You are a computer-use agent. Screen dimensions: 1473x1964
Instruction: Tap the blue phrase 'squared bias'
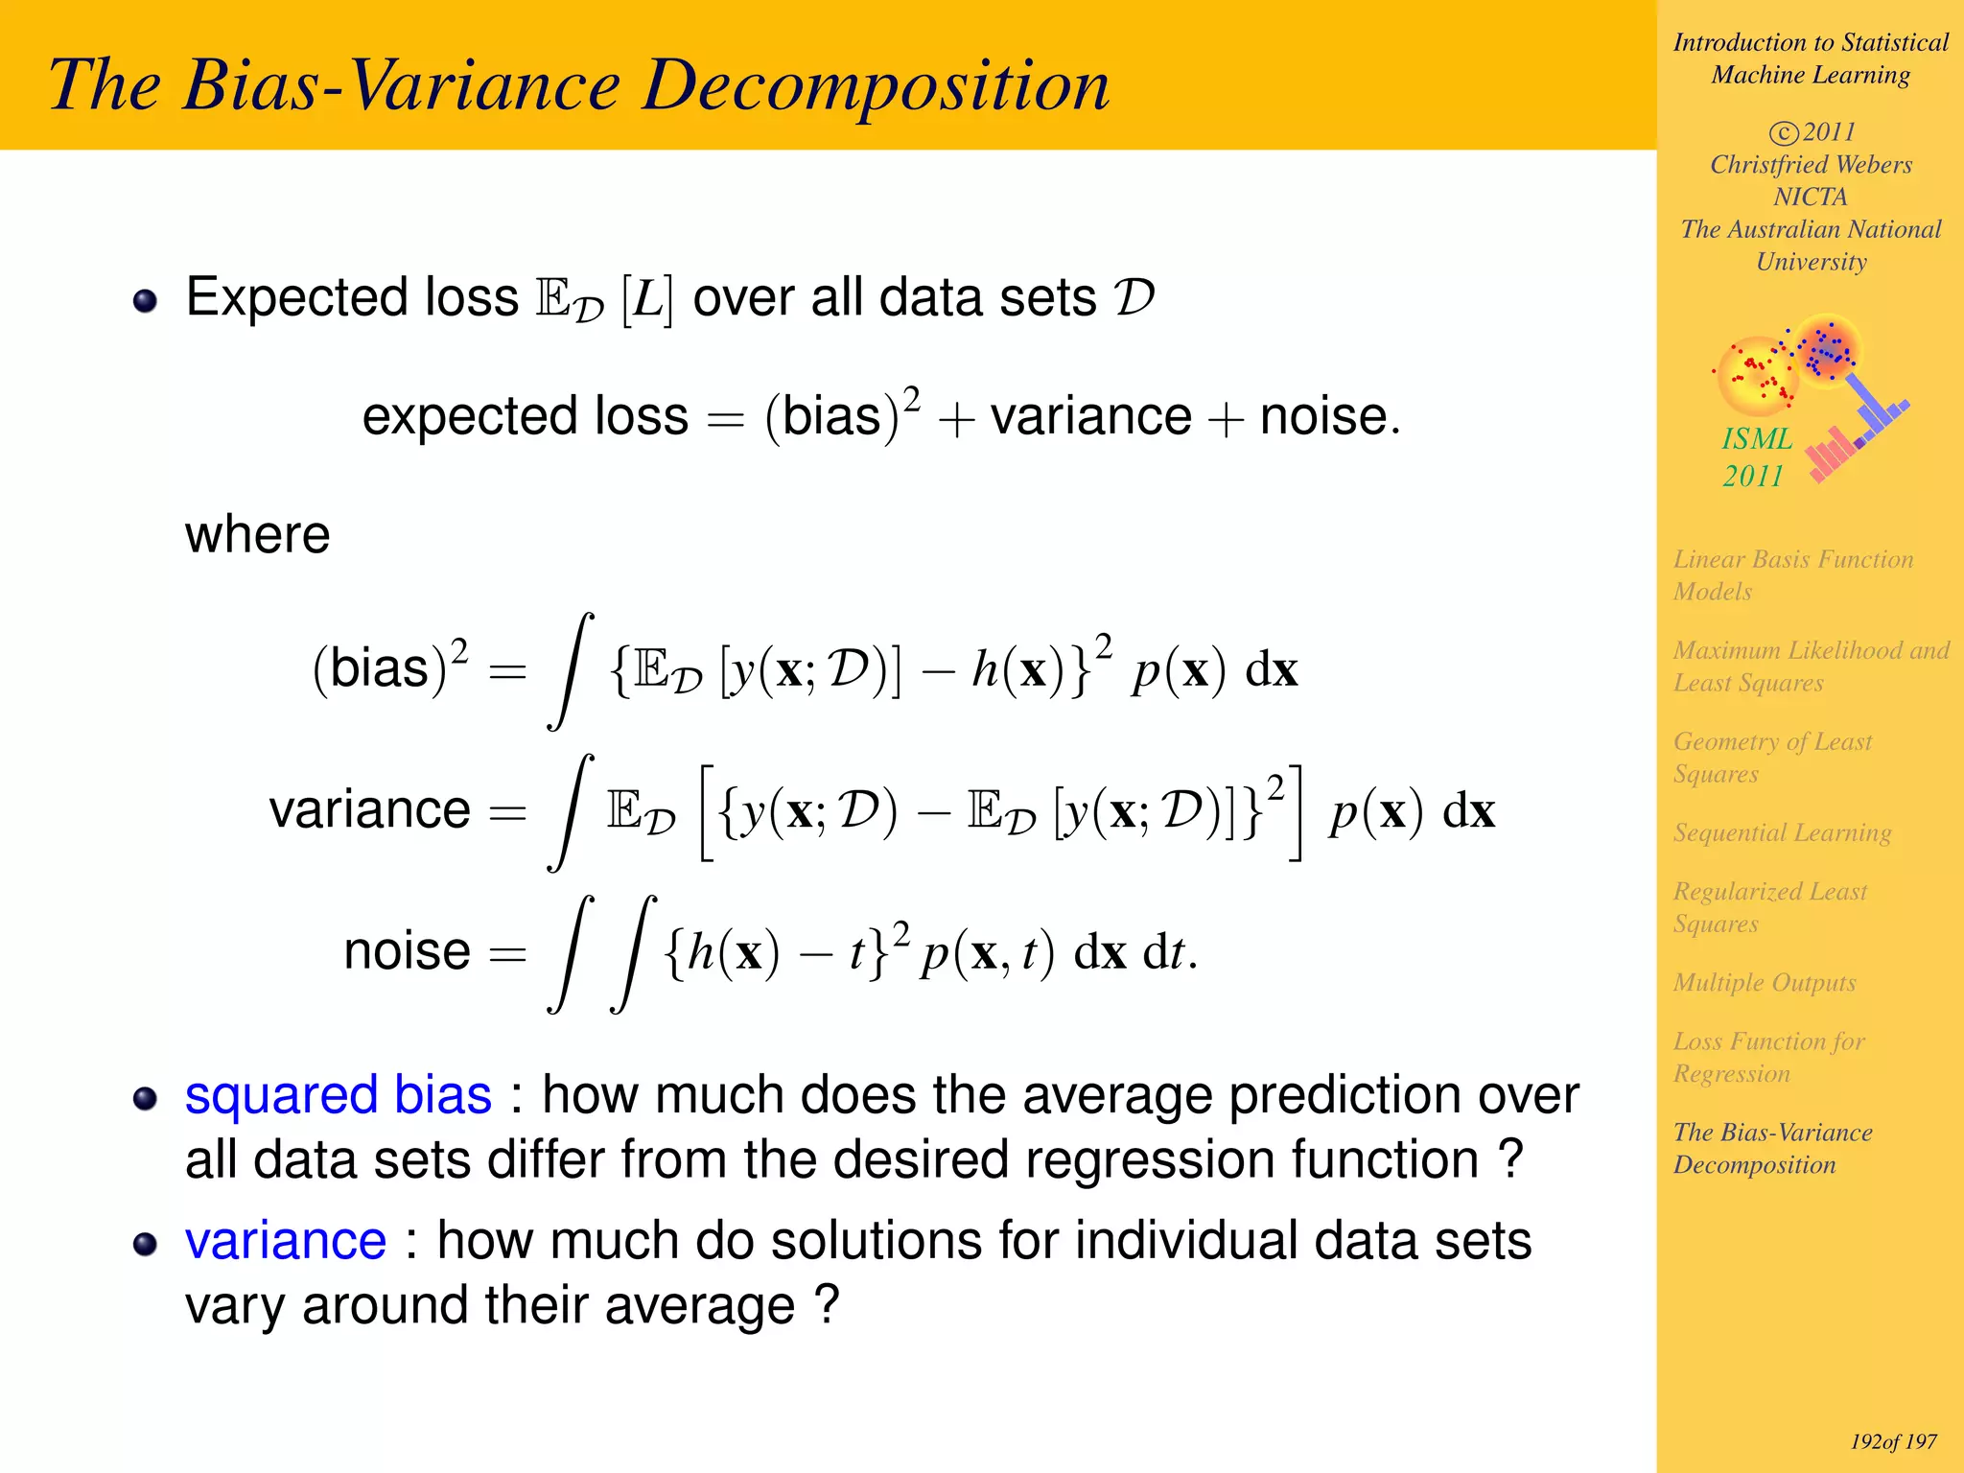pos(338,1095)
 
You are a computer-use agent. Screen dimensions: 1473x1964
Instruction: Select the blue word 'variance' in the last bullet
pos(286,1241)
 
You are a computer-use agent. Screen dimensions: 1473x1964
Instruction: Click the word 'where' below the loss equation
pos(257,534)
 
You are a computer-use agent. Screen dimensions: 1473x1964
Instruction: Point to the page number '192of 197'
pos(1893,1441)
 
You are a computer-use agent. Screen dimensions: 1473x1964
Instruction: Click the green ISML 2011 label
pos(1756,457)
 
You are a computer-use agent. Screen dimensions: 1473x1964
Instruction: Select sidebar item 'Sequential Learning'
pos(1782,832)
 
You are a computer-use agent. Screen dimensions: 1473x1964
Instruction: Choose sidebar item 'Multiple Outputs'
pos(1765,983)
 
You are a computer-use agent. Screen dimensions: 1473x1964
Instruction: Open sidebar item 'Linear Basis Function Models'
pos(1791,574)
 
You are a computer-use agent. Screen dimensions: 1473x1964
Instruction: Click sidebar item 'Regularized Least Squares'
pos(1769,907)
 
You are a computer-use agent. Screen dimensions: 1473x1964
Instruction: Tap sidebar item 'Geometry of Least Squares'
pos(1771,758)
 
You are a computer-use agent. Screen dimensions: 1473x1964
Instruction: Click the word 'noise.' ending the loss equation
pos(1330,417)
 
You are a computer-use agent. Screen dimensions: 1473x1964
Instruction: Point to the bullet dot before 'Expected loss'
pos(145,301)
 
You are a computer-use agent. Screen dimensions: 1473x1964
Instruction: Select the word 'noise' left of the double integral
pos(407,951)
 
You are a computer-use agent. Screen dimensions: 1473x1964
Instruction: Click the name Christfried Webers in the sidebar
pos(1811,165)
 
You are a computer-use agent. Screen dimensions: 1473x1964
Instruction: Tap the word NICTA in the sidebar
pos(1810,197)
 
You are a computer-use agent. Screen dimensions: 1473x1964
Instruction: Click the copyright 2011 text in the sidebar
pos(1812,132)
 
